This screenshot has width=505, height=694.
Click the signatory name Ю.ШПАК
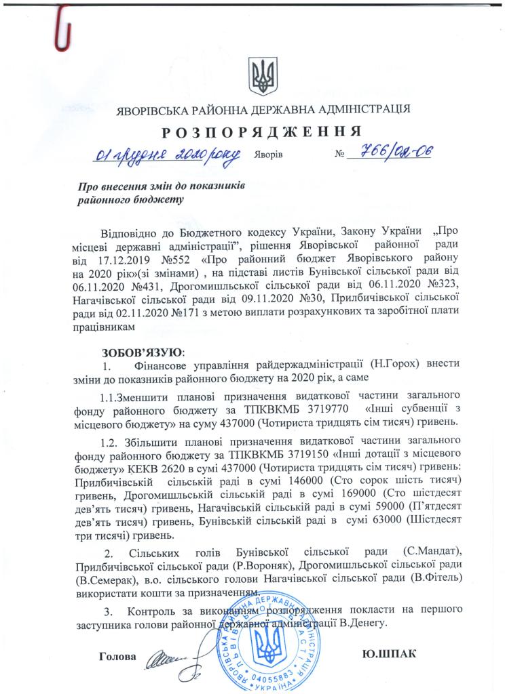click(389, 655)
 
